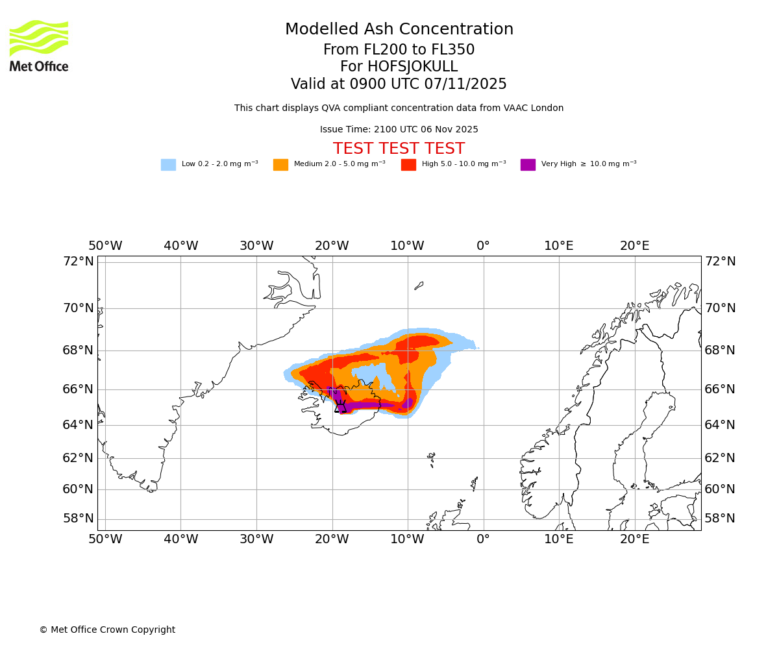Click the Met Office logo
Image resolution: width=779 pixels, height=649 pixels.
pyautogui.click(x=39, y=45)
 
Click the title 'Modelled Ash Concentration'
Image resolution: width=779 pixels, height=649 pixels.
pyautogui.click(x=399, y=30)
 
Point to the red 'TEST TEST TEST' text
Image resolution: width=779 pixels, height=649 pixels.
pyautogui.click(x=399, y=149)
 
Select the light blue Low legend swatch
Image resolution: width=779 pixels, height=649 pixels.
pyautogui.click(x=168, y=164)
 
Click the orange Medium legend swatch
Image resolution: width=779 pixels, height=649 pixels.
pyautogui.click(x=280, y=164)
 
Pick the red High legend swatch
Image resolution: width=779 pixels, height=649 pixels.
pyautogui.click(x=408, y=164)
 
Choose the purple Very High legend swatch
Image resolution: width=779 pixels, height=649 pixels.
pyautogui.click(x=528, y=164)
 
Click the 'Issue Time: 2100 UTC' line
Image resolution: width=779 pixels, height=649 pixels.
pyautogui.click(x=399, y=129)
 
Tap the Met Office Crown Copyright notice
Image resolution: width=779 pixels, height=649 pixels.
pyautogui.click(x=107, y=630)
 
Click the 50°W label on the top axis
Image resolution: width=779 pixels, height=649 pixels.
pyautogui.click(x=105, y=246)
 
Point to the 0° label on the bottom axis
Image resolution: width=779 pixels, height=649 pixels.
pyautogui.click(x=483, y=539)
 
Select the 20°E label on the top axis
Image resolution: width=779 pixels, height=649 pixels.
pyautogui.click(x=634, y=246)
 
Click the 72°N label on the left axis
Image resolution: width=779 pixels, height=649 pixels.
pyautogui.click(x=78, y=261)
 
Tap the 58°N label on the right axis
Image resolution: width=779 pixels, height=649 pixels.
pyautogui.click(x=720, y=518)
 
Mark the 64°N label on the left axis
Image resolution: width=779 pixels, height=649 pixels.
pyautogui.click(x=78, y=424)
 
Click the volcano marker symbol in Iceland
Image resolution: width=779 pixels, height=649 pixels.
pyautogui.click(x=341, y=407)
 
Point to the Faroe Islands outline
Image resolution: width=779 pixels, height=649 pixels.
pyautogui.click(x=431, y=459)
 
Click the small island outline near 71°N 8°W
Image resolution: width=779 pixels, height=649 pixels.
pyautogui.click(x=419, y=285)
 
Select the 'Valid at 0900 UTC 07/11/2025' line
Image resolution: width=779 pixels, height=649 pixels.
pyautogui.click(x=399, y=84)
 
